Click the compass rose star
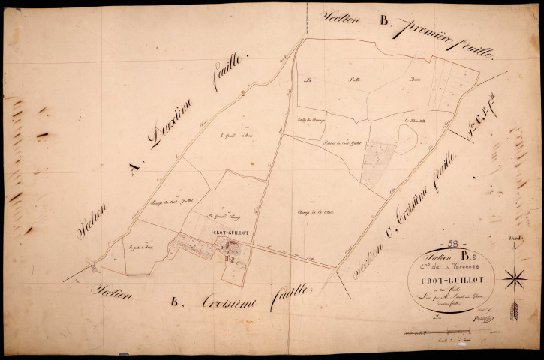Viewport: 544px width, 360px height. click(x=515, y=279)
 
